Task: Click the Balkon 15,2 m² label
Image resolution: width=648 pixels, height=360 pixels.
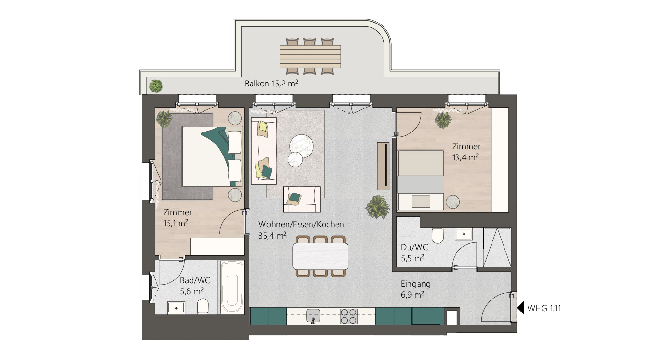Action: click(x=271, y=83)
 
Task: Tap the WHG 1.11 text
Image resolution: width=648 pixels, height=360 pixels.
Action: click(x=544, y=308)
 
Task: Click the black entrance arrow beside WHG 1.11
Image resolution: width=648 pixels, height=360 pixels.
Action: click(x=520, y=308)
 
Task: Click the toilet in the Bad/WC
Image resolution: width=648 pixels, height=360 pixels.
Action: click(x=203, y=306)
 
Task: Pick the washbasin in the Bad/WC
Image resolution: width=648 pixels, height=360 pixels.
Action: click(x=176, y=307)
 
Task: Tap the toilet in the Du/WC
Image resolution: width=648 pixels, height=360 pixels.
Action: click(x=437, y=236)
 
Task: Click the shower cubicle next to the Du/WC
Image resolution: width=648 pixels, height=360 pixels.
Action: click(x=497, y=247)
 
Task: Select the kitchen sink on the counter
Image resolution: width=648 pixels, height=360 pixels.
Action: click(x=313, y=315)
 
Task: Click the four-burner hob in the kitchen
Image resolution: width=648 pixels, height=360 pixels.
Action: click(x=348, y=315)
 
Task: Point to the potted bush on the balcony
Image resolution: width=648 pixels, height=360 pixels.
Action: click(x=156, y=86)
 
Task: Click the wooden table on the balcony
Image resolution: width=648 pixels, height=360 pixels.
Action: click(x=311, y=56)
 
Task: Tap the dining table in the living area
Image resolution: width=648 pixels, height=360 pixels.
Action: click(x=321, y=256)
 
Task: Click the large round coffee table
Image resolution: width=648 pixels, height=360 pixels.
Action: click(x=302, y=144)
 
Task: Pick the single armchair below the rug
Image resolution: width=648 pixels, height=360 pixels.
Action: click(x=302, y=199)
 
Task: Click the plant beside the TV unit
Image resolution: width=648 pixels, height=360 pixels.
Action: click(x=377, y=207)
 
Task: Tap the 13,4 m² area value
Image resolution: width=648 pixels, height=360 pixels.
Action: click(x=465, y=157)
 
